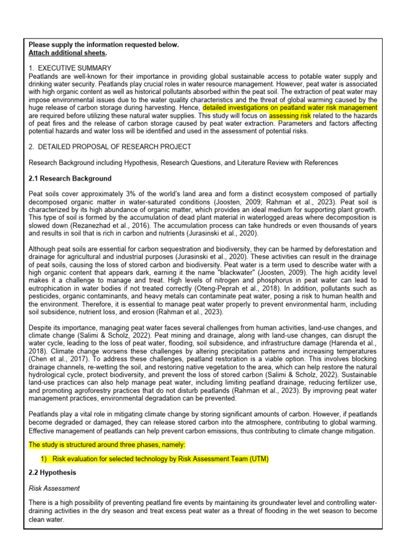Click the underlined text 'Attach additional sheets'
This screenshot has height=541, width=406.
(67, 53)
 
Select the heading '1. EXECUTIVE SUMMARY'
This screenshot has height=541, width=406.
(70, 68)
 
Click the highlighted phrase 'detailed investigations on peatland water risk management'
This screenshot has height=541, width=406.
(290, 108)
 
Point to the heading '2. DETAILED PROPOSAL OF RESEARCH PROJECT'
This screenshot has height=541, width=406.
(110, 146)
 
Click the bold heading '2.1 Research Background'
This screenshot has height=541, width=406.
(70, 179)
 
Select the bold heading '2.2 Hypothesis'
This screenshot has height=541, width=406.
(53, 472)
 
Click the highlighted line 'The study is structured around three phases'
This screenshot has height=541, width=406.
(107, 445)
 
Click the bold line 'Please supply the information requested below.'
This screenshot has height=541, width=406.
(104, 45)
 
